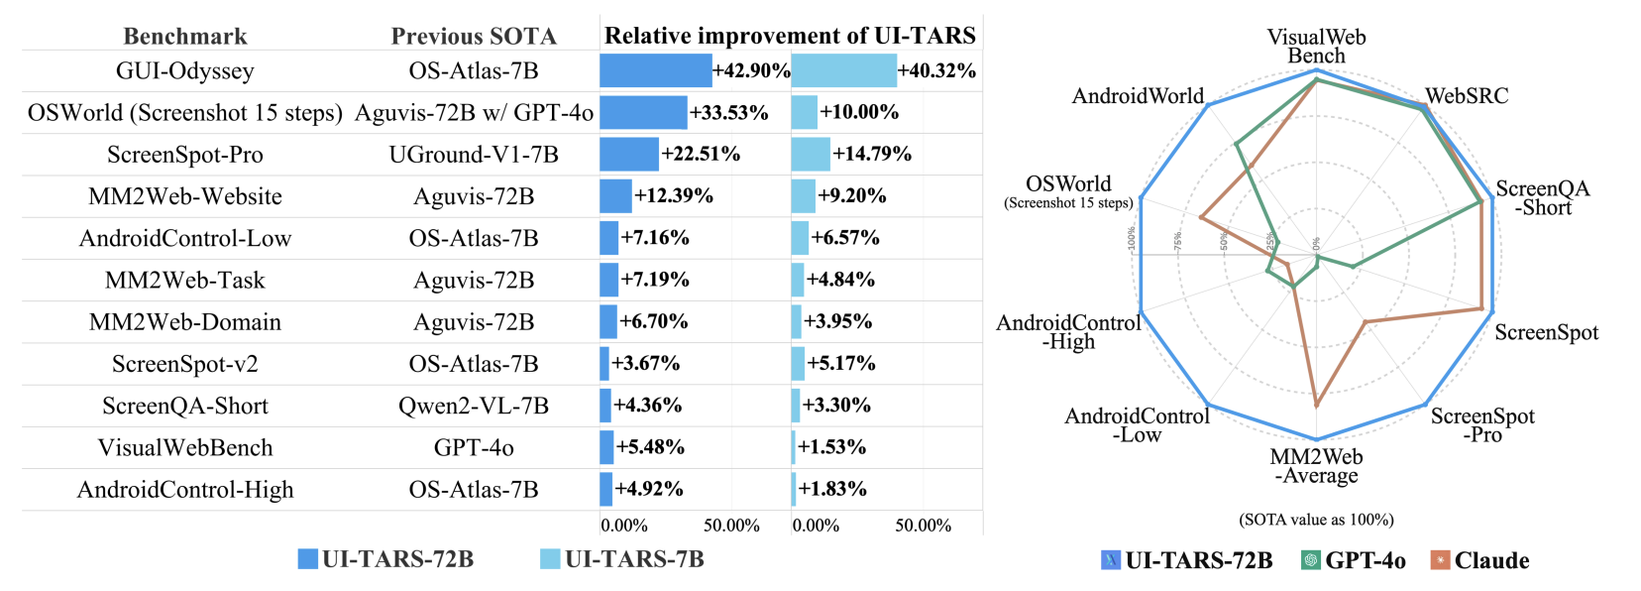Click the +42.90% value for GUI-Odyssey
click(x=751, y=71)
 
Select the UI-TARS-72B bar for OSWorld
click(x=643, y=113)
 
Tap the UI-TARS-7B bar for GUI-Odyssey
click(x=843, y=71)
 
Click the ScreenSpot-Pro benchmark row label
click(x=185, y=155)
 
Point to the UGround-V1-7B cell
click(x=474, y=155)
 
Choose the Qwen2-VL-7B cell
click(x=474, y=406)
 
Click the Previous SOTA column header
click(x=474, y=37)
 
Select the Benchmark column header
click(x=185, y=37)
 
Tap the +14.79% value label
click(x=872, y=155)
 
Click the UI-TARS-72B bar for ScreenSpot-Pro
click(x=629, y=155)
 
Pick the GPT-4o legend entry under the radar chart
click(x=1354, y=560)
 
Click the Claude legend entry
click(x=1480, y=560)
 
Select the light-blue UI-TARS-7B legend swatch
click(x=550, y=559)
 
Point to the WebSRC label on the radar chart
click(x=1467, y=96)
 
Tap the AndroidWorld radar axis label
click(x=1138, y=96)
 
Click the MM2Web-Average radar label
click(x=1316, y=466)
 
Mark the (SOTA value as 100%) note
click(x=1316, y=520)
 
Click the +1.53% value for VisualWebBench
click(x=831, y=447)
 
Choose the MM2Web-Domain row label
click(x=185, y=322)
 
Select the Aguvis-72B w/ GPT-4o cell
click(x=474, y=113)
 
